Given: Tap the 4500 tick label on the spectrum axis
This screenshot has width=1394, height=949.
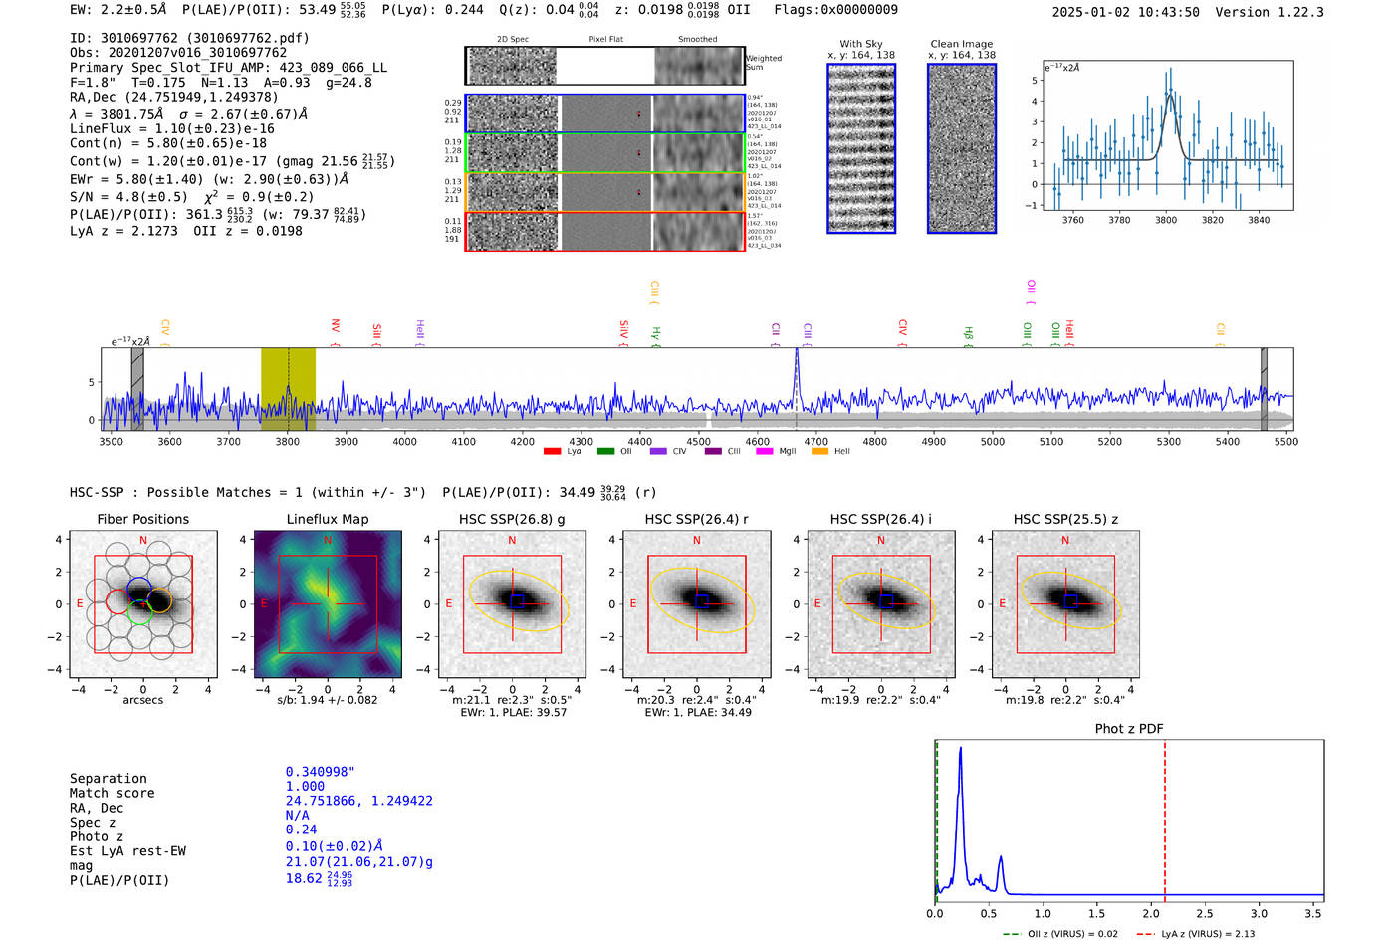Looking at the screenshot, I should (698, 442).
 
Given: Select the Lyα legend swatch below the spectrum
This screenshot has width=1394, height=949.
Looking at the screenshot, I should (552, 451).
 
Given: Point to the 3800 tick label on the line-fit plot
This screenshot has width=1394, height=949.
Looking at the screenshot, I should (1165, 220).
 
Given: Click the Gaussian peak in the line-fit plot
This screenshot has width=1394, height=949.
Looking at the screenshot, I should (1171, 96).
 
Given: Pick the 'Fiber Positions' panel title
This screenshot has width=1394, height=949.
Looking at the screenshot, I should (142, 519).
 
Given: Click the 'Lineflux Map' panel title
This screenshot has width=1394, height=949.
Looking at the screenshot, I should (328, 519).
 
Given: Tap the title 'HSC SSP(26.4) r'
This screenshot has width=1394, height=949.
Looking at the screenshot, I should (696, 519).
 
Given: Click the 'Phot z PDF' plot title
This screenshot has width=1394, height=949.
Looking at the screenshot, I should (1129, 729).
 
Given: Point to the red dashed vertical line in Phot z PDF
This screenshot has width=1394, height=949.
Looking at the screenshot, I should (1164, 817).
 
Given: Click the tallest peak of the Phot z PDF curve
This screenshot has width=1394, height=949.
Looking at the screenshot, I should (960, 749).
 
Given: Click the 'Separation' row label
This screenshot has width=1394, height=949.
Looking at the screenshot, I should (108, 779).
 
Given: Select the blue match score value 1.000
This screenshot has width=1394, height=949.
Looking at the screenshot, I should (305, 787).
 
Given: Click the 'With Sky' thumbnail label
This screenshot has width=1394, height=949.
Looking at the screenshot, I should (860, 44).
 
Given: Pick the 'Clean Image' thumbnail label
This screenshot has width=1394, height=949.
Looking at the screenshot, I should (961, 44).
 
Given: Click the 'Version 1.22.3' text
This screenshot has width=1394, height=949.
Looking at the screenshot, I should (1278, 12).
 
